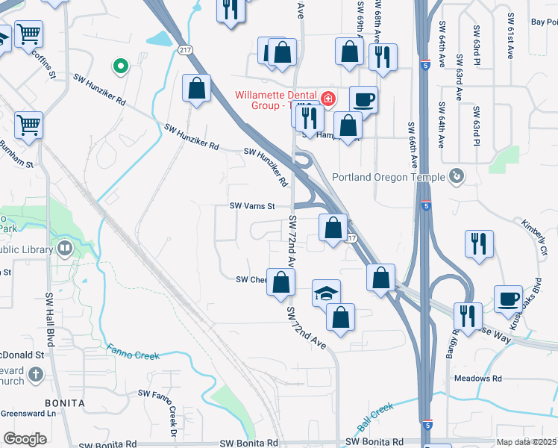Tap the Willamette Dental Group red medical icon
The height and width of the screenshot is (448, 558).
(x=327, y=99)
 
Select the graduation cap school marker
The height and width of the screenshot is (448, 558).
(x=326, y=293)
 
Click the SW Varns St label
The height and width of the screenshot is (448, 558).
(x=252, y=206)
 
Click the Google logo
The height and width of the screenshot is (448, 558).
(x=25, y=439)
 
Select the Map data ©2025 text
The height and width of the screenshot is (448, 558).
(x=526, y=442)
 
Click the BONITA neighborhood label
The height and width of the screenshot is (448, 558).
(x=60, y=403)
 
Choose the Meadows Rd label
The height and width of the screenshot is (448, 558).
(x=477, y=379)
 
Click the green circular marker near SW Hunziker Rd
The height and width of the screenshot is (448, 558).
(x=119, y=67)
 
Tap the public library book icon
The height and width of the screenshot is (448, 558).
(x=66, y=249)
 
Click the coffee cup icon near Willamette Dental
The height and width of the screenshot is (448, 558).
(x=363, y=99)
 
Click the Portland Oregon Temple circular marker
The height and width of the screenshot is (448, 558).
(x=457, y=177)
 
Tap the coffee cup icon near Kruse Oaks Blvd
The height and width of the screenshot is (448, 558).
(x=508, y=298)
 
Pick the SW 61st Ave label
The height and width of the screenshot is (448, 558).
(x=511, y=36)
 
